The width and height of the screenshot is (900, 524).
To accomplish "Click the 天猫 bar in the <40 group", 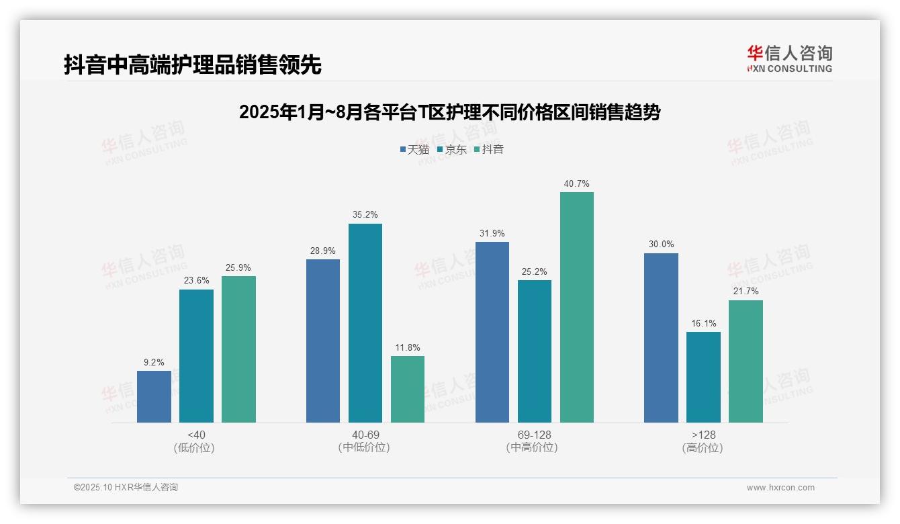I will tap(154, 396).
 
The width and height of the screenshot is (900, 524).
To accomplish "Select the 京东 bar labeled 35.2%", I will tap(365, 322).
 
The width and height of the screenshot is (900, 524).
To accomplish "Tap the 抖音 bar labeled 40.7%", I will tap(577, 307).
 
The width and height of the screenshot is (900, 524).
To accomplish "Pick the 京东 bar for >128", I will tap(703, 377).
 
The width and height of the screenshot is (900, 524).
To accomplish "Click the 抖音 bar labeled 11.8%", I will tap(408, 389).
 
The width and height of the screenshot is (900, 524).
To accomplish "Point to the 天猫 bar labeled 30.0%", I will tap(661, 338).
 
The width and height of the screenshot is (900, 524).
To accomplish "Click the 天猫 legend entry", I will tap(414, 149).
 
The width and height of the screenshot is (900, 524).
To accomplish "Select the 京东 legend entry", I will tap(451, 149).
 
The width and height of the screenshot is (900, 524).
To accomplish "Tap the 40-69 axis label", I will tap(365, 435).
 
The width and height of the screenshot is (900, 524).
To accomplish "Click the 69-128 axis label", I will tap(534, 435).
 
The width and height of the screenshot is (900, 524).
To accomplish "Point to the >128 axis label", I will tap(703, 435).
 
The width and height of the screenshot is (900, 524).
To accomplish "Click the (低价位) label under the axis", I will tap(196, 448).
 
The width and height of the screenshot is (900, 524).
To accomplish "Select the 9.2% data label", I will tap(154, 362).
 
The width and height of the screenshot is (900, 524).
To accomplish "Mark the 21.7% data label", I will tap(746, 292).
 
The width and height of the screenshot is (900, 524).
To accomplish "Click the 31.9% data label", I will tap(492, 233).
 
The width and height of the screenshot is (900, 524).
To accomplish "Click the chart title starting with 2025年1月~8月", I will tap(449, 112).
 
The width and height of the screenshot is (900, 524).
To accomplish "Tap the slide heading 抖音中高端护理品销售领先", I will tap(193, 64).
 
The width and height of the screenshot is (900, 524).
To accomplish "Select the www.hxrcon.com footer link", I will tap(780, 488).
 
